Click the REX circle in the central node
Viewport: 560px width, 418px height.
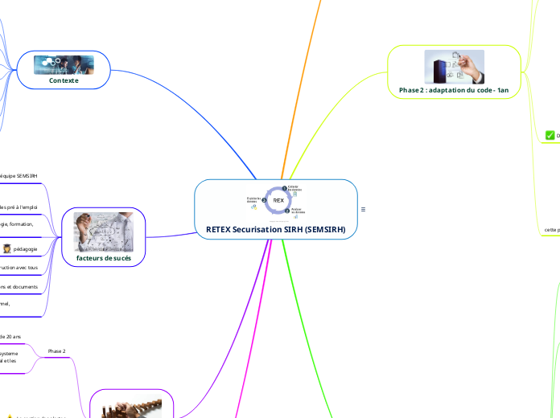tap(278, 199)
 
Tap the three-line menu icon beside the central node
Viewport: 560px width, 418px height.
tap(364, 210)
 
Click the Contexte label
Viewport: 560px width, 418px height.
tap(64, 80)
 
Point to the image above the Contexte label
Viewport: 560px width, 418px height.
tap(64, 64)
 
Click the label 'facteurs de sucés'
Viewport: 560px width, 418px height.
tap(103, 259)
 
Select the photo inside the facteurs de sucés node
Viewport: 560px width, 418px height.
tap(103, 233)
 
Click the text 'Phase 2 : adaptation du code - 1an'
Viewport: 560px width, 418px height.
tap(454, 91)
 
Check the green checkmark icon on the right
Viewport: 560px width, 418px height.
tap(550, 135)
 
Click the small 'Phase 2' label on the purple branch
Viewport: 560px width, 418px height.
tap(57, 351)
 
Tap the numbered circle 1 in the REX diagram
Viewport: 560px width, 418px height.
tap(283, 187)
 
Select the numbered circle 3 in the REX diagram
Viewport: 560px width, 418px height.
tap(264, 199)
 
